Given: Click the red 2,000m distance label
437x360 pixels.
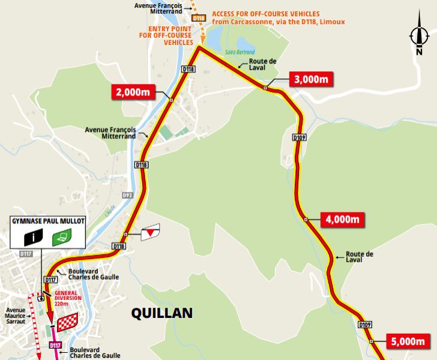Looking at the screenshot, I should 134,92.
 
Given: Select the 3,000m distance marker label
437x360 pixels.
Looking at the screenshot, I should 310,79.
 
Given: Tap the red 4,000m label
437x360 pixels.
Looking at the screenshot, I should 343,219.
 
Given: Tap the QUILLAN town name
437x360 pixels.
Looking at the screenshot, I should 162,313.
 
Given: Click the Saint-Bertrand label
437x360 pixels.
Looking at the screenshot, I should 240,52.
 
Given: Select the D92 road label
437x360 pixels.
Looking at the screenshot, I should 127,195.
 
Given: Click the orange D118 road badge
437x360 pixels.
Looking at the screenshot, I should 199,19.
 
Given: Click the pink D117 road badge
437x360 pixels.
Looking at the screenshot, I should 55,346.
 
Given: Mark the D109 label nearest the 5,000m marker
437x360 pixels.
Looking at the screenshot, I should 366,325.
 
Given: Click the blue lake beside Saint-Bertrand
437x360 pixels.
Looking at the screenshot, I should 246,43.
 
